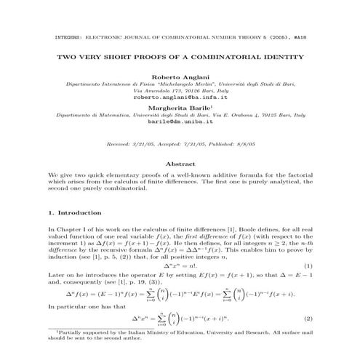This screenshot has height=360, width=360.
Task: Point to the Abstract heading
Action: [180, 164]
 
